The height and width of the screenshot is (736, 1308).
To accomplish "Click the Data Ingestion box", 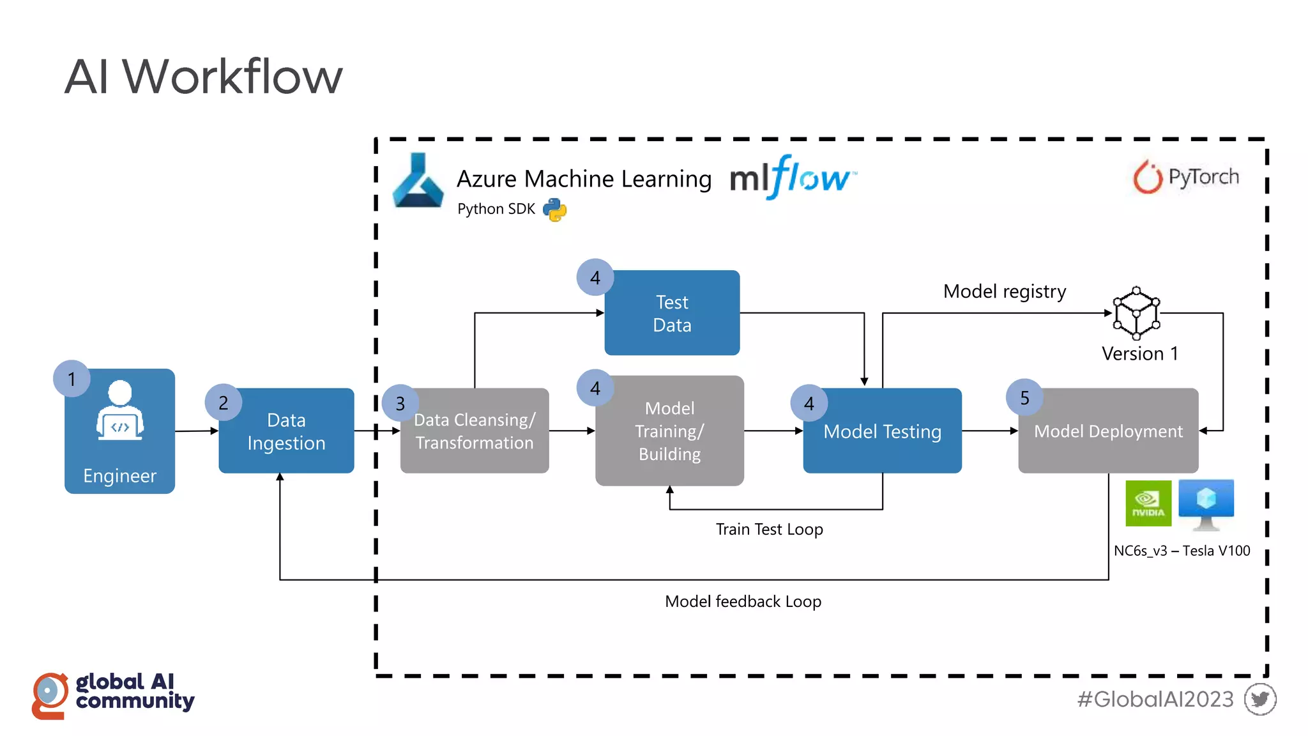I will pyautogui.click(x=286, y=431).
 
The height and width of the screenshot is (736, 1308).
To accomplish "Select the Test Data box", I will pyautogui.click(x=672, y=313).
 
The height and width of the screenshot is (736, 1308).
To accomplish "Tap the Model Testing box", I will pyautogui.click(x=882, y=431).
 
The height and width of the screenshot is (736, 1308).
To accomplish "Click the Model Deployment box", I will pyautogui.click(x=1108, y=431).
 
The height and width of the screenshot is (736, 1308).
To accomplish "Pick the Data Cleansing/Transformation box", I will pyautogui.click(x=475, y=431).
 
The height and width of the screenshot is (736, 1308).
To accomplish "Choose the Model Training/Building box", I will pyautogui.click(x=669, y=431).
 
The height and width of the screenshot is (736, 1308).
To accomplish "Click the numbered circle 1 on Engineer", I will pyautogui.click(x=72, y=379).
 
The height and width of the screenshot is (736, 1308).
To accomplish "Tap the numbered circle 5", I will pyautogui.click(x=1024, y=398).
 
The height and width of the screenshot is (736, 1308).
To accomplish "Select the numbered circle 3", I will pyautogui.click(x=400, y=404).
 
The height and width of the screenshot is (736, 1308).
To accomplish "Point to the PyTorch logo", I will pyautogui.click(x=1186, y=177).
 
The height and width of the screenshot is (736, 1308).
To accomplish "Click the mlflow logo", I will pyautogui.click(x=792, y=177).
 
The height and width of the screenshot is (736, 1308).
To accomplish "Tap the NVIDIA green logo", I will pyautogui.click(x=1148, y=503).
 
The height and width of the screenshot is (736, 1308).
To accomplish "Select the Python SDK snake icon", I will pyautogui.click(x=554, y=210).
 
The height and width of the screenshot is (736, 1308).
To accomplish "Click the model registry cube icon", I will pyautogui.click(x=1136, y=313).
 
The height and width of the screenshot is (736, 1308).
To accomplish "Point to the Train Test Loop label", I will pyautogui.click(x=769, y=530).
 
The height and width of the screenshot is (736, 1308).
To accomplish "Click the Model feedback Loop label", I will pyautogui.click(x=743, y=602).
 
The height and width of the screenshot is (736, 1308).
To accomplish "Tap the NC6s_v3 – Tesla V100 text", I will pyautogui.click(x=1182, y=551).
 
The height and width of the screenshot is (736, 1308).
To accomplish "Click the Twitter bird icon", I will pyautogui.click(x=1259, y=699).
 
